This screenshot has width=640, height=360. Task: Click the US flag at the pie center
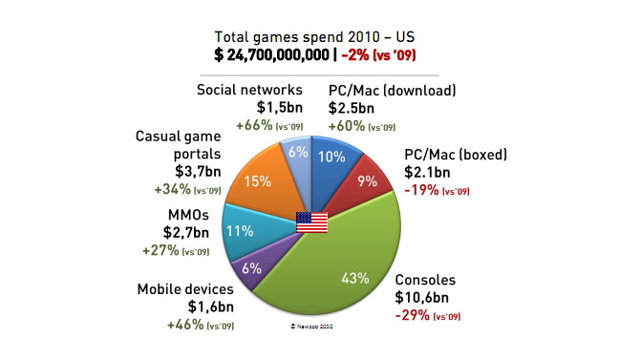[x=311, y=223]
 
